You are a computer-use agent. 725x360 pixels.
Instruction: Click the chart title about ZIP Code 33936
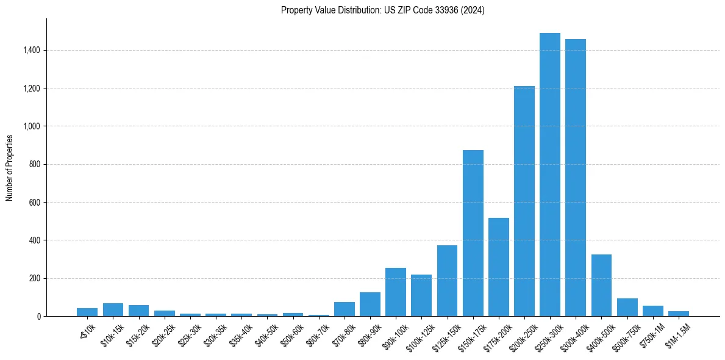(382, 10)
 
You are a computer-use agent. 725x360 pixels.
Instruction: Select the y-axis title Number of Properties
(10, 167)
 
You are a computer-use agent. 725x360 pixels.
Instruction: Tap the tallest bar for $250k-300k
(549, 175)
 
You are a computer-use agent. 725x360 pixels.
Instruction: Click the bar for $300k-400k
(575, 178)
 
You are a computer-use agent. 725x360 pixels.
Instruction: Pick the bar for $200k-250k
(524, 201)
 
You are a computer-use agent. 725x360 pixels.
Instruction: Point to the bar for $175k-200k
(498, 267)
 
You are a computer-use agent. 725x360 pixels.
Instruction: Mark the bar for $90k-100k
(395, 292)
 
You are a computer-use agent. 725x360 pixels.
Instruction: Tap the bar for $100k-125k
(421, 295)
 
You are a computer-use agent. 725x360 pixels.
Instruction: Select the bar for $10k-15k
(113, 309)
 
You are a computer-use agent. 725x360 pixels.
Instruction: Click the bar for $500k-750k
(627, 307)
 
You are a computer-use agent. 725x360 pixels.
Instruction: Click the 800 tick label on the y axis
(35, 164)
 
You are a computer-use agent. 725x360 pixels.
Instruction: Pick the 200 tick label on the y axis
(35, 278)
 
